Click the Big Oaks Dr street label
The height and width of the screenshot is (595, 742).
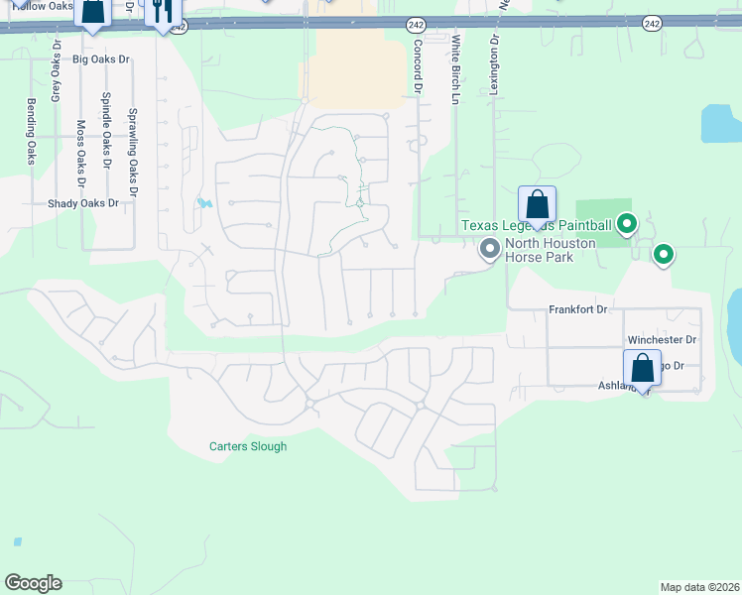(101, 59)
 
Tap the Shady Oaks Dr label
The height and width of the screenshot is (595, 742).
(83, 203)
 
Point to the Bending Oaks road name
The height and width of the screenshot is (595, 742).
(31, 132)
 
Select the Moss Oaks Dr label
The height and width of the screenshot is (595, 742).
(81, 153)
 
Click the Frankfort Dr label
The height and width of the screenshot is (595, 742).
(577, 310)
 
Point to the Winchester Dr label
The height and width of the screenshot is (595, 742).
(662, 340)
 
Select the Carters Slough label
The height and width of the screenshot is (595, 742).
(248, 446)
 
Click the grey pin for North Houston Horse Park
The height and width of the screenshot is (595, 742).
(488, 249)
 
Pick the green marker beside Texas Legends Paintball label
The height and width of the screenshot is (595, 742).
(626, 225)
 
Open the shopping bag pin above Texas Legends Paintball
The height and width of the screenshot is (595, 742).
(537, 205)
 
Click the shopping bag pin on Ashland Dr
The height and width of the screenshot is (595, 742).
(642, 370)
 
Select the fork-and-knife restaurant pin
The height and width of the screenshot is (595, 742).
(164, 13)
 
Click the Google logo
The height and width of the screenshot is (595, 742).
(34, 583)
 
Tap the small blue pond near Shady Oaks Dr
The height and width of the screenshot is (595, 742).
(204, 203)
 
